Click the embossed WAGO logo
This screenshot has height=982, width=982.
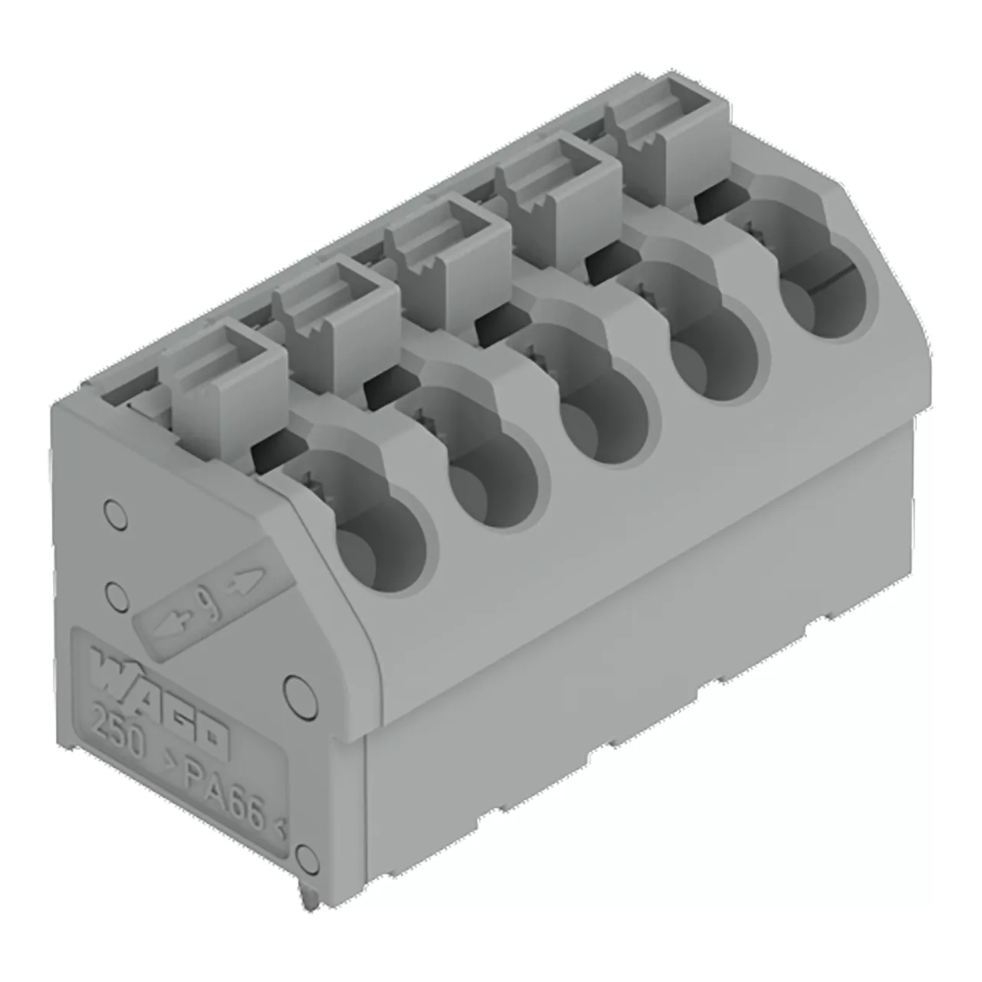pyautogui.click(x=159, y=697)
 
